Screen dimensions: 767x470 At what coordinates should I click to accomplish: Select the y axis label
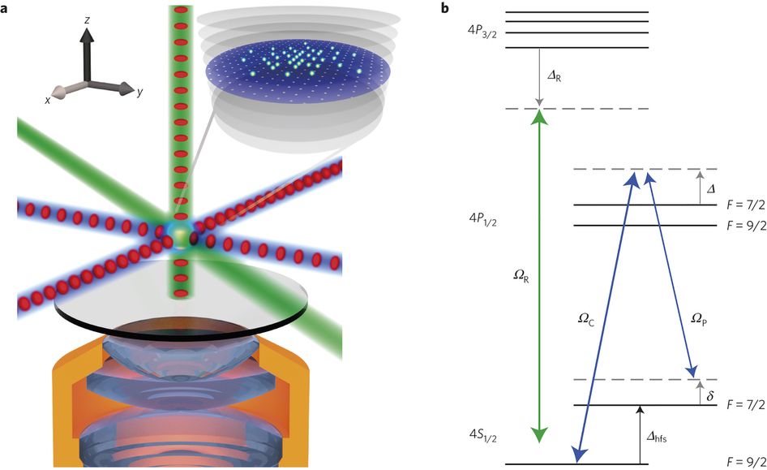pos(140,92)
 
